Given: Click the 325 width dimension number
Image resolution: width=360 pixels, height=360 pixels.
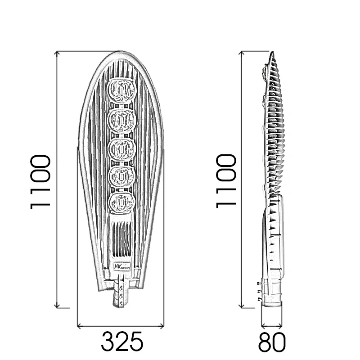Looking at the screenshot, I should [122, 342].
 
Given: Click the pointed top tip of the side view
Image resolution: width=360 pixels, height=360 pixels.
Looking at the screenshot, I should [273, 53].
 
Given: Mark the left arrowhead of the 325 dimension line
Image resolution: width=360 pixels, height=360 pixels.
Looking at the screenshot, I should [79, 324].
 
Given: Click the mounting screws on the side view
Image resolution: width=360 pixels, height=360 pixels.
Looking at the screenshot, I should [258, 291].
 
